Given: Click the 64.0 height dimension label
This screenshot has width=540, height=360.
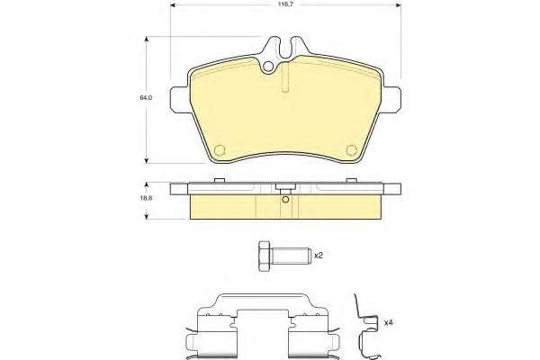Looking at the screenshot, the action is [x=146, y=97].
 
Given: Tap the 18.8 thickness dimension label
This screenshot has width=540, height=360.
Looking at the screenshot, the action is [x=147, y=198].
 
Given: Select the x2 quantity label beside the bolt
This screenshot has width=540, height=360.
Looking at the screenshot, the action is [x=319, y=256].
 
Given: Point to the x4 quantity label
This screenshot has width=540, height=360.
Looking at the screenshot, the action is [x=389, y=323].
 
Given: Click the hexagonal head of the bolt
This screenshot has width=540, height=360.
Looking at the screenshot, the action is [x=264, y=256].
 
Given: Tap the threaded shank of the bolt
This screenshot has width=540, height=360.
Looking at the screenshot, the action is [x=291, y=256].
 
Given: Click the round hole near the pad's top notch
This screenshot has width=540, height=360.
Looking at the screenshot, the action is [x=268, y=67].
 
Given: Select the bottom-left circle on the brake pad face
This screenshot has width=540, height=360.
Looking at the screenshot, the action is [x=220, y=150].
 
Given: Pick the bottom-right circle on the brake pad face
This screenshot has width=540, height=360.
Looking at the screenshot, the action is [x=351, y=150].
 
